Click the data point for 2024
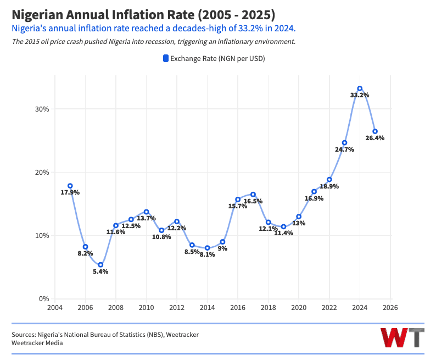(x=360, y=88)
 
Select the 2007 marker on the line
(x=100, y=265)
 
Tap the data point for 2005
(x=70, y=186)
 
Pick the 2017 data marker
(x=253, y=194)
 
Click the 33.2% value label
(x=360, y=95)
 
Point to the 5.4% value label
(x=100, y=272)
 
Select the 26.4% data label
(x=375, y=138)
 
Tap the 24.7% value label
(x=344, y=149)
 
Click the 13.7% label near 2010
(x=147, y=218)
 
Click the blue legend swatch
(x=166, y=58)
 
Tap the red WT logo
(x=403, y=337)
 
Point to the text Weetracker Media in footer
(x=37, y=343)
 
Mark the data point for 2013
(x=192, y=245)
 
